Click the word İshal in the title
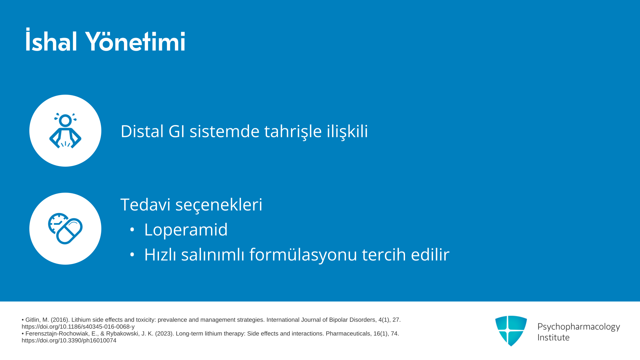52,40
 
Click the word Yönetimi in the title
135,41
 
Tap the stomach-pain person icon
65,130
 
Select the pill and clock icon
65,229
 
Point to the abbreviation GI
177,131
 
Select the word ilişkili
347,131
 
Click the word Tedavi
145,204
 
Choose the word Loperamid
186,230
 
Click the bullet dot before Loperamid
132,230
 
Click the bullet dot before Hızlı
132,255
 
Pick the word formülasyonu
303,255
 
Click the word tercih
384,254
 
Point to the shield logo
511,331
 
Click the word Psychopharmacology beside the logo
579,327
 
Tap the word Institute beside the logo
554,337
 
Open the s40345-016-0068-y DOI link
78,327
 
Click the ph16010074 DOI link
69,340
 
